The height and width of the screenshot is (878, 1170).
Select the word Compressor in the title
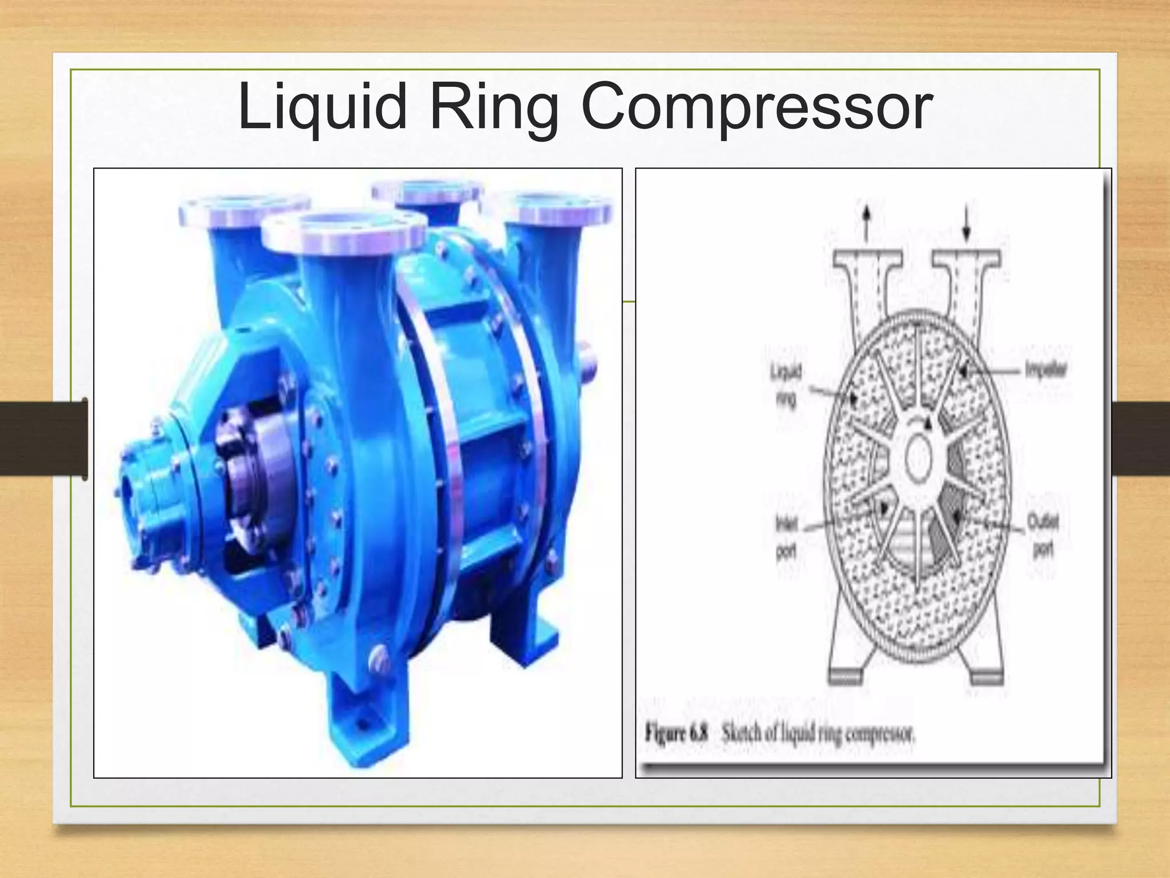pyautogui.click(x=756, y=107)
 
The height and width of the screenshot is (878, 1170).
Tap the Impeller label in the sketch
pyautogui.click(x=1045, y=370)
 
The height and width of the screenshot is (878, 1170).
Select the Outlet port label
pyautogui.click(x=1043, y=535)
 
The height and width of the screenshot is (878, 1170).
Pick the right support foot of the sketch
pyautogui.click(x=987, y=677)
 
